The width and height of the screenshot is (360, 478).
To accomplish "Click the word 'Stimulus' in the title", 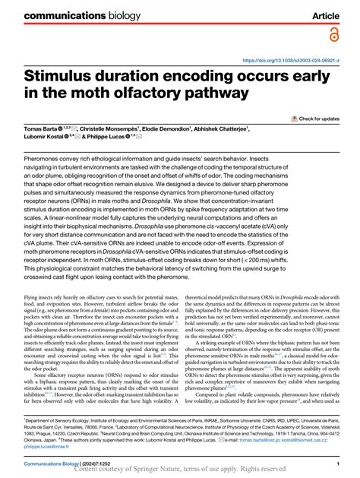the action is click(x=76, y=78).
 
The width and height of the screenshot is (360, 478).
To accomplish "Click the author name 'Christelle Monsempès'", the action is click(x=122, y=130).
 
